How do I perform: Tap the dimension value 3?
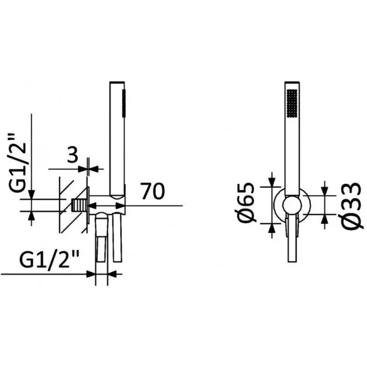(x=72, y=155)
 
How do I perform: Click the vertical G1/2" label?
(x=18, y=163)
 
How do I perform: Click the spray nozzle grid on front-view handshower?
(x=292, y=103)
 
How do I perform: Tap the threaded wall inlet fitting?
(x=79, y=206)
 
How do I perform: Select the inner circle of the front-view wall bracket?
(x=292, y=205)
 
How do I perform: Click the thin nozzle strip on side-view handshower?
(x=124, y=102)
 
